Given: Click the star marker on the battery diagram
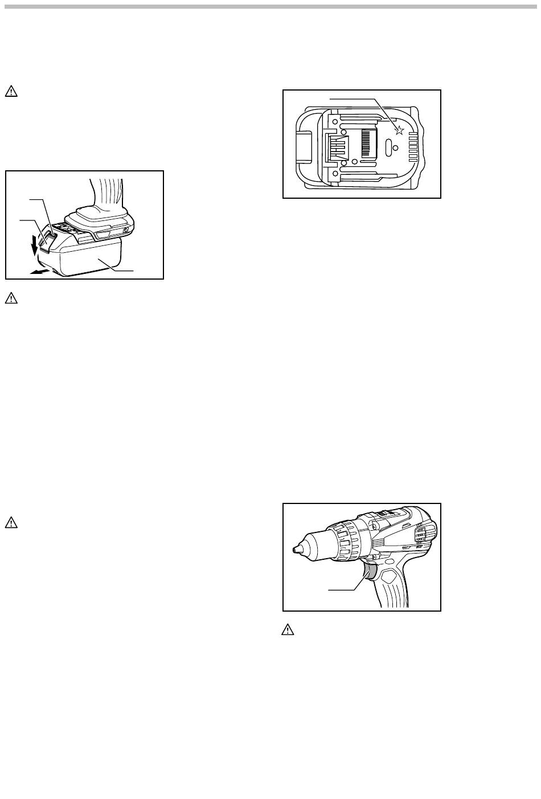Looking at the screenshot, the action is click(x=399, y=130).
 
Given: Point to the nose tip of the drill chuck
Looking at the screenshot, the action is click(x=296, y=550).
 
